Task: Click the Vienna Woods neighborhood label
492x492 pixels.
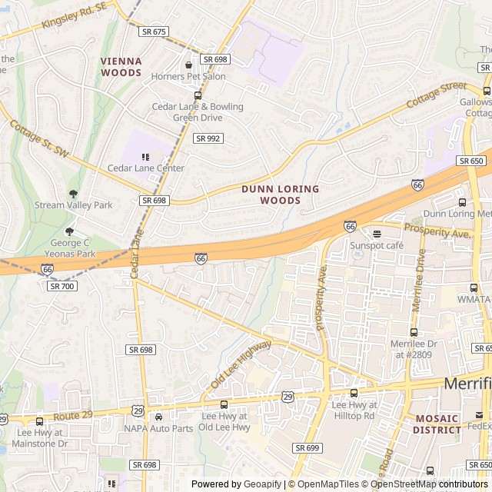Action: click(x=121, y=67)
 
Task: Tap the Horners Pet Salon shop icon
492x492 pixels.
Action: click(x=188, y=65)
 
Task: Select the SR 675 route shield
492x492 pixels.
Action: click(x=154, y=32)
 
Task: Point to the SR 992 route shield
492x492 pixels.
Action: click(x=208, y=138)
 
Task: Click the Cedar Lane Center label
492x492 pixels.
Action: click(x=146, y=168)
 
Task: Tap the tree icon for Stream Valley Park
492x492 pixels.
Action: click(x=73, y=194)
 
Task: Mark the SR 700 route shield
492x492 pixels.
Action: click(x=61, y=286)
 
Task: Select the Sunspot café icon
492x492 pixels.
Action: click(x=377, y=234)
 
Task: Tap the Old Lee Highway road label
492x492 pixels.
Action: click(x=240, y=364)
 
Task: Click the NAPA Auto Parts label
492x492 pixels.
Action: click(x=158, y=428)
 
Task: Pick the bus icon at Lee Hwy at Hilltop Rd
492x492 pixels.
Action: click(x=354, y=394)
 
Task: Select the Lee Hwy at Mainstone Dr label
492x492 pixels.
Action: click(x=42, y=438)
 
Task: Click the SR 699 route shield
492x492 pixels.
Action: click(x=306, y=447)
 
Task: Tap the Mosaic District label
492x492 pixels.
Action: click(x=437, y=424)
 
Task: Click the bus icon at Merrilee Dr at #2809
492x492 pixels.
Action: click(x=414, y=332)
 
